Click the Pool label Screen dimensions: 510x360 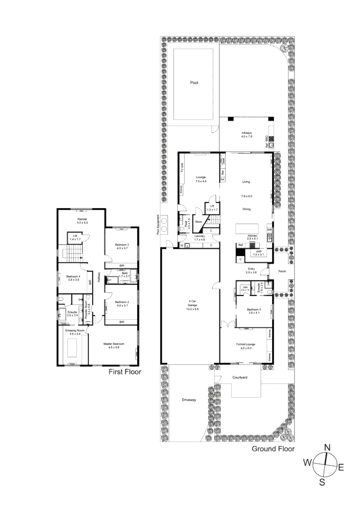(x=194, y=82)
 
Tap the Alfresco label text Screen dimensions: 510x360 (x=247, y=134)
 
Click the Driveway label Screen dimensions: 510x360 (x=188, y=400)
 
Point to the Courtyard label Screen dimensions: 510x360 (x=240, y=378)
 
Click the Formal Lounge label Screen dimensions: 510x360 (x=247, y=344)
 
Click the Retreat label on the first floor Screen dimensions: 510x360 (x=83, y=220)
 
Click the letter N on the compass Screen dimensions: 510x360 (x=327, y=447)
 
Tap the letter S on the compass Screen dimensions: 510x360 (x=322, y=482)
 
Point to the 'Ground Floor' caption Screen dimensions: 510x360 (x=273, y=449)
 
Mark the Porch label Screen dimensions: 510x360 (x=282, y=272)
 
